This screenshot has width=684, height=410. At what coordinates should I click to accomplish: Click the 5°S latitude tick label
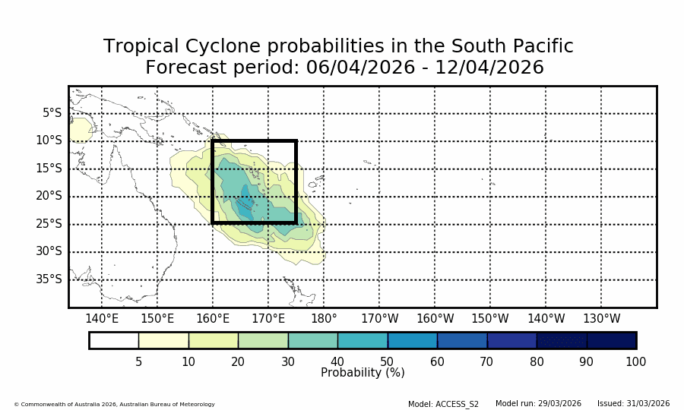pos(52,113)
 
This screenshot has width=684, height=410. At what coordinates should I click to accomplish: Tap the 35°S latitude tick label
pos(49,279)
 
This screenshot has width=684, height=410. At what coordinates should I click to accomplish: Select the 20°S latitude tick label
pos(49,196)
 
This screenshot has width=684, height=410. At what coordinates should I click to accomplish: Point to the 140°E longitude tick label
pos(102,319)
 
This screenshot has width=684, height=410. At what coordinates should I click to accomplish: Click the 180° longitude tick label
pos(324,319)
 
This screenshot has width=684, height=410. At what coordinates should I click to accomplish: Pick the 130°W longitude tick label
pos(601,319)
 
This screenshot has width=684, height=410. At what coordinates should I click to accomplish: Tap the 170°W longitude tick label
pos(379,319)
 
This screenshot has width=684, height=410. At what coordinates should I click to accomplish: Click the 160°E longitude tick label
pos(213,319)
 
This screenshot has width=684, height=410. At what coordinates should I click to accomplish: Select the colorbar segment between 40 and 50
pos(363,340)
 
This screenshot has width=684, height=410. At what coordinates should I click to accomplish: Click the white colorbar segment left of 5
pos(114,340)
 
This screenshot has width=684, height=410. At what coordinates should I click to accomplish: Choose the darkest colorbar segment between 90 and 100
pos(612,340)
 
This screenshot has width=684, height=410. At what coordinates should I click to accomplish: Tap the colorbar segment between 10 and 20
pos(213,340)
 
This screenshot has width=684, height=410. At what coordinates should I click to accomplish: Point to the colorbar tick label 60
pos(437,362)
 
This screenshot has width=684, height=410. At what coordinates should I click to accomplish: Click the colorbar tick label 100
pos(635,362)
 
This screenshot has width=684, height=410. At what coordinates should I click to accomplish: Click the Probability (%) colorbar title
pos(363,373)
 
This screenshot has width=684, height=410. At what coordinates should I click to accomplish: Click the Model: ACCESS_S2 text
pos(443,404)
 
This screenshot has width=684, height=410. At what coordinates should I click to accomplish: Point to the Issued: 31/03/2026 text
pos(633,404)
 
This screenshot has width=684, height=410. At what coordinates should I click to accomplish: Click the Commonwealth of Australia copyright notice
pos(114,404)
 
